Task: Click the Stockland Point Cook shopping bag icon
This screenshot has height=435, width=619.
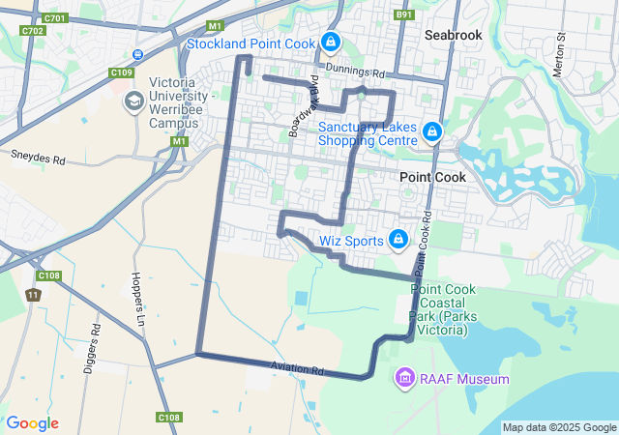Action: (331, 42)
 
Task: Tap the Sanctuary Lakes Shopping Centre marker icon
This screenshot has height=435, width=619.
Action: (432, 131)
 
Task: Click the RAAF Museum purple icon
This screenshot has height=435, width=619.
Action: (405, 378)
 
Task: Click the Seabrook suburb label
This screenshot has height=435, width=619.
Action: (453, 34)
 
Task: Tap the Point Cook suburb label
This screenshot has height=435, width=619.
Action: (432, 178)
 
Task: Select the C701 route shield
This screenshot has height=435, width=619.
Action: (56, 18)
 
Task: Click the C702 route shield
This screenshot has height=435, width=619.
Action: (34, 31)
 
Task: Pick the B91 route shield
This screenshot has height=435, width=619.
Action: (404, 14)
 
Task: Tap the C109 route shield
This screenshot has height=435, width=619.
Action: (122, 72)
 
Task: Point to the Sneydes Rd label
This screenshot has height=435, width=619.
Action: (38, 156)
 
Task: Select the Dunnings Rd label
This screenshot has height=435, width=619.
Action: (355, 72)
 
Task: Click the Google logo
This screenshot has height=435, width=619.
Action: (32, 423)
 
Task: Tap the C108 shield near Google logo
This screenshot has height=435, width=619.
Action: (167, 418)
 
